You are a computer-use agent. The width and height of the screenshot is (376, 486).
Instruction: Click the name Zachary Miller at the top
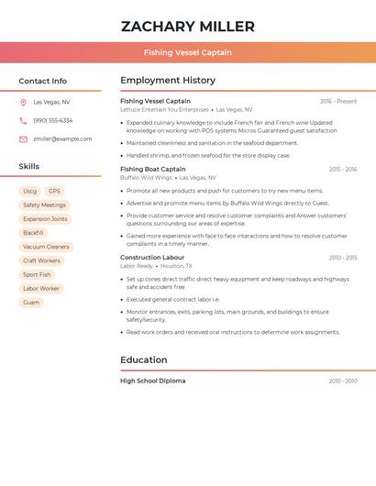188,27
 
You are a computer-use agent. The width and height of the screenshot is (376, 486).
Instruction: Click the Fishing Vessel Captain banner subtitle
188,52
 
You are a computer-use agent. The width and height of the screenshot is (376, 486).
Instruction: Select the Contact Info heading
42,81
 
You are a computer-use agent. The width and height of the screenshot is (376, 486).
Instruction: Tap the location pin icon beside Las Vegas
23,103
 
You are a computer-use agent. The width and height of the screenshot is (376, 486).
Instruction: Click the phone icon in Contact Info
23,121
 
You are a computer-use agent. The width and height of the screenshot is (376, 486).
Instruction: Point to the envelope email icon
23,139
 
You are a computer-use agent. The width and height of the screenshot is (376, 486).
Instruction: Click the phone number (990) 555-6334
53,121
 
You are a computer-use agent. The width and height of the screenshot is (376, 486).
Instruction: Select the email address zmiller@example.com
62,139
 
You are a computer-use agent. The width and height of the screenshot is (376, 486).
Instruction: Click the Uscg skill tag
29,191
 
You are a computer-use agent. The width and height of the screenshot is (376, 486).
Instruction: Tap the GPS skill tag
54,191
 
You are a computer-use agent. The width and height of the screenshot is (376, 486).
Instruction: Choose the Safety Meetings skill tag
44,205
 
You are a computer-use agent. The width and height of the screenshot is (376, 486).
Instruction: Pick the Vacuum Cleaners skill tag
46,247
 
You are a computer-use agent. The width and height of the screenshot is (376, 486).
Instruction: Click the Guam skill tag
31,303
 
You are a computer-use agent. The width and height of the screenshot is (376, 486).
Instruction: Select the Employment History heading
168,81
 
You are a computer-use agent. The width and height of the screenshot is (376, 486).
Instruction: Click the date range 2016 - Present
338,101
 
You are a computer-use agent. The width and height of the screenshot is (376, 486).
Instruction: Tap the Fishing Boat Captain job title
152,169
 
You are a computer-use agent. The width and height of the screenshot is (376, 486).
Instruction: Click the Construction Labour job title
152,258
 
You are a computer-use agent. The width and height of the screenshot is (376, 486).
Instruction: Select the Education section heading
143,360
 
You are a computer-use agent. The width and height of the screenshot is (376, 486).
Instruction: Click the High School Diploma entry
152,381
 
